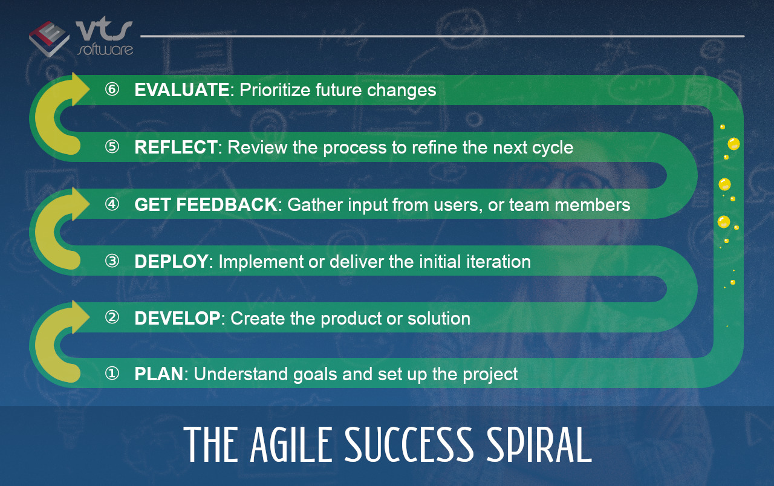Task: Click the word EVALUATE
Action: pos(182,90)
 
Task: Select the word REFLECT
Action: pos(176,147)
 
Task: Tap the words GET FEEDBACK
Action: pos(206,204)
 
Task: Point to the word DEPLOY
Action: pos(171,262)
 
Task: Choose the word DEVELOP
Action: pos(177,318)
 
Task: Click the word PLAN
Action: pos(159,374)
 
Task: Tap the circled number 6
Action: pos(112,89)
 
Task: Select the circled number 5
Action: pos(112,147)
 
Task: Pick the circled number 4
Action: pos(112,204)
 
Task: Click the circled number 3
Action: pos(112,261)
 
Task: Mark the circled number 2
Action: pos(112,317)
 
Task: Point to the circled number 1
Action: pos(112,374)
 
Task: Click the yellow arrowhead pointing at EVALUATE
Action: pos(80,89)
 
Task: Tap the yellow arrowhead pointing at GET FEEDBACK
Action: pos(80,204)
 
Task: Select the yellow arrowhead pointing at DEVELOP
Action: pos(80,317)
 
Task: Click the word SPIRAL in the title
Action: pos(539,444)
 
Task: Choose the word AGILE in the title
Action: pos(291,444)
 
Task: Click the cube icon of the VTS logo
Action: pos(49,39)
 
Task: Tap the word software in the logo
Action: pos(105,50)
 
